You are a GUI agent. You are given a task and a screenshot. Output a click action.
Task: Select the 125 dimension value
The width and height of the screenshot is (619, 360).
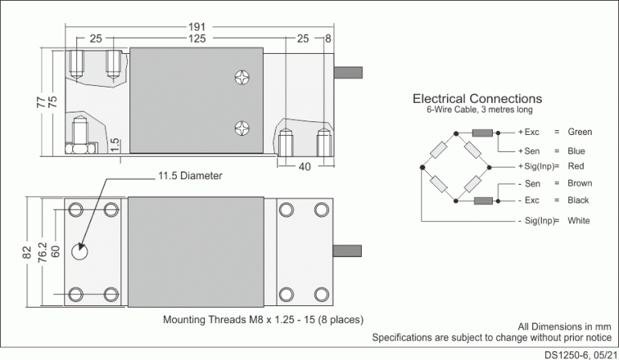196,39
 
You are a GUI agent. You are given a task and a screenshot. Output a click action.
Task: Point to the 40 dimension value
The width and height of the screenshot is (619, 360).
305,167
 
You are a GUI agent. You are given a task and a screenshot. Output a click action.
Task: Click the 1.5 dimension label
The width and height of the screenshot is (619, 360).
115,145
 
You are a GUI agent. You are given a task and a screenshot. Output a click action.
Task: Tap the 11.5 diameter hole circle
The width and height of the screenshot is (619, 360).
80,252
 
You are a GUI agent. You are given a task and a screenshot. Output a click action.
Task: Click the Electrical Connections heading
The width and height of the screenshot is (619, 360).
478,99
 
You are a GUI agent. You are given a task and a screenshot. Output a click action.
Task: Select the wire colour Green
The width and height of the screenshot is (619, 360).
580,132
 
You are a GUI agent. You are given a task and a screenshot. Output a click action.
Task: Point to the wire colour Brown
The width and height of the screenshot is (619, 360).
580,184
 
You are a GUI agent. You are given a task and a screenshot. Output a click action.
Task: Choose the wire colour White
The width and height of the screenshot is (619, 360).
579,220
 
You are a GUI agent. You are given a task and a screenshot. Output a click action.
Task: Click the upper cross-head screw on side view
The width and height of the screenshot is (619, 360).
243,77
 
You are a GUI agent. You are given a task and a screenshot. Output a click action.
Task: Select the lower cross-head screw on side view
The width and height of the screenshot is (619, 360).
243,126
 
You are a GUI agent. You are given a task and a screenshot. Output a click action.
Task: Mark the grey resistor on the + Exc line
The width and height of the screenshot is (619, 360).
482,133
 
